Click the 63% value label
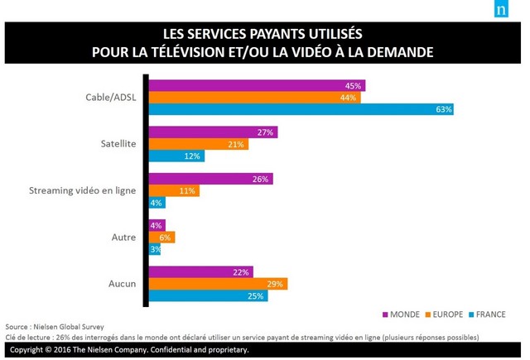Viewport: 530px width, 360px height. coord(445,109)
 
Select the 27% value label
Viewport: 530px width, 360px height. coord(266,132)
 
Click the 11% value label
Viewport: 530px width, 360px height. coord(188,191)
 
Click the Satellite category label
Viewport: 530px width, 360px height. coord(120,144)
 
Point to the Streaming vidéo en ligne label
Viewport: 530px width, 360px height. coord(82,191)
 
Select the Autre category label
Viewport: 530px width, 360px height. coord(125,238)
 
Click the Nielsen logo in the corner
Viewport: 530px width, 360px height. coord(502,11)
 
